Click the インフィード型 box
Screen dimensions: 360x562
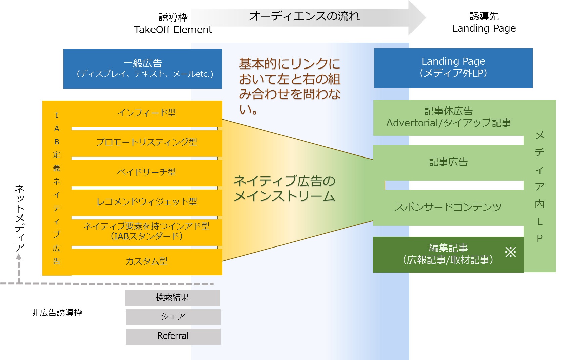point(146,113)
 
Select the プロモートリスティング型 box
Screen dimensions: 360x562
point(146,142)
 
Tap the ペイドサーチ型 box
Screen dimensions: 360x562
point(146,172)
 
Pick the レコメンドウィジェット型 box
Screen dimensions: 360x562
point(146,201)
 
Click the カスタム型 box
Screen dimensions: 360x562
point(146,261)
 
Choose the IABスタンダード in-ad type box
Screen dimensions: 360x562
point(146,231)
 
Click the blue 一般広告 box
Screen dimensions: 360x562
point(143,69)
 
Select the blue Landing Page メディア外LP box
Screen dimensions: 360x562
point(453,68)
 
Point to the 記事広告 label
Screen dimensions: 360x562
point(448,162)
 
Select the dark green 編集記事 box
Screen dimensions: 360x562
point(448,254)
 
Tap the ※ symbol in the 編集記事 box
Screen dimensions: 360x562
point(510,252)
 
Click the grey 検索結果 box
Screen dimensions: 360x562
point(172,298)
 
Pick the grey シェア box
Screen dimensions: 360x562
point(173,317)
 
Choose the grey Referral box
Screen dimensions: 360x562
point(173,336)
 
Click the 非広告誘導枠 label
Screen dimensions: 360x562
point(57,313)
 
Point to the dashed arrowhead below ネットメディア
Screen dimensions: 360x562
point(19,257)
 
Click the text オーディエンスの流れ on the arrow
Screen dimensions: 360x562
point(304,16)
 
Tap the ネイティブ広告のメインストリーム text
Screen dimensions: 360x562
point(284,188)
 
